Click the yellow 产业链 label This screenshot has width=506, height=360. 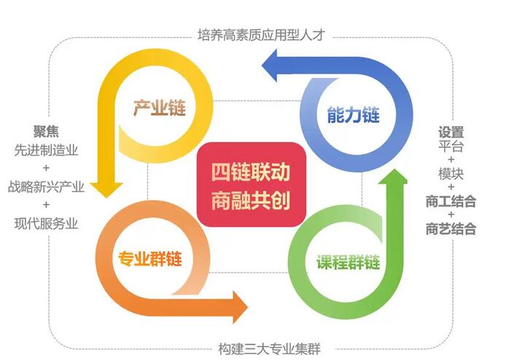(x=160, y=108)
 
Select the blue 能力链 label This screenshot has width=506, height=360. (x=354, y=115)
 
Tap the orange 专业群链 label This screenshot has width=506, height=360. (x=150, y=259)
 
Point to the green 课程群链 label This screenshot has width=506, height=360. (x=349, y=262)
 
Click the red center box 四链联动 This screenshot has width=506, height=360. (x=251, y=184)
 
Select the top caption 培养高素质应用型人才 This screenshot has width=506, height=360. (x=261, y=35)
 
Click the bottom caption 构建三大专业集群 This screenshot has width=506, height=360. (x=270, y=349)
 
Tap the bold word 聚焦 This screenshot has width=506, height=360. (x=46, y=131)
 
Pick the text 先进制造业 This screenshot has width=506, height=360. (x=46, y=150)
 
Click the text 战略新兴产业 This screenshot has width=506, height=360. (x=46, y=187)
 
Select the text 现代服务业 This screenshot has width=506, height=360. (x=46, y=224)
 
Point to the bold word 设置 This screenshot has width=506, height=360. (x=451, y=132)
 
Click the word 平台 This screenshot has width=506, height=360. (x=451, y=146)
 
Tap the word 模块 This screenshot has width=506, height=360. (x=451, y=174)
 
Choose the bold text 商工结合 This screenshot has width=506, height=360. (x=451, y=201)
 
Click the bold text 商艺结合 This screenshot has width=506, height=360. (x=451, y=229)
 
